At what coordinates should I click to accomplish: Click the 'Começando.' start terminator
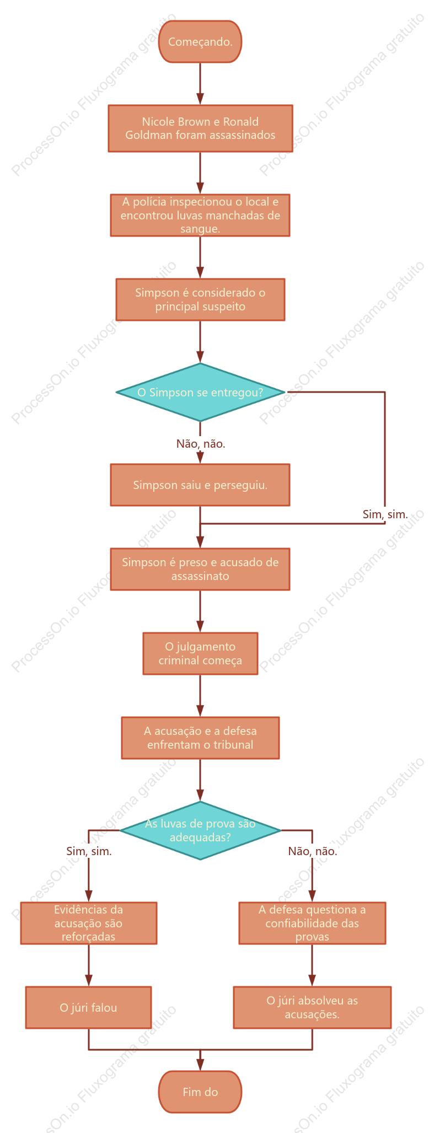pyautogui.click(x=200, y=42)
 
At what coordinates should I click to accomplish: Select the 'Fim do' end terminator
pyautogui.click(x=200, y=1092)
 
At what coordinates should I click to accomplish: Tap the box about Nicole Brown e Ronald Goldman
pyautogui.click(x=200, y=128)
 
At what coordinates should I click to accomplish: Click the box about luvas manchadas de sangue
pyautogui.click(x=200, y=215)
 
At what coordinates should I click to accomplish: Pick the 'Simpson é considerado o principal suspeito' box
pyautogui.click(x=200, y=299)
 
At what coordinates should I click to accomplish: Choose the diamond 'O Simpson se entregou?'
pyautogui.click(x=200, y=392)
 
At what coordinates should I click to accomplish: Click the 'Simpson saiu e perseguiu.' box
pyautogui.click(x=200, y=485)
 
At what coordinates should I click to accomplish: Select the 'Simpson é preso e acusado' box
pyautogui.click(x=200, y=569)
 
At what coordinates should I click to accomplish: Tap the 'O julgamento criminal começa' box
pyautogui.click(x=200, y=653)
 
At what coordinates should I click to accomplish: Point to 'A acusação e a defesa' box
pyautogui.click(x=200, y=738)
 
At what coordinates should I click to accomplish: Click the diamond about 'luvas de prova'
pyautogui.click(x=200, y=830)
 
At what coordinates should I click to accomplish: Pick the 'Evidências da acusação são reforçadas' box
pyautogui.click(x=89, y=923)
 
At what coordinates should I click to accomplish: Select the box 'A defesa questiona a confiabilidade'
pyautogui.click(x=312, y=923)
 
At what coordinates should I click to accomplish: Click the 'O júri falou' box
pyautogui.click(x=89, y=1007)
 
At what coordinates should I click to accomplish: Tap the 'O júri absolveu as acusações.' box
pyautogui.click(x=312, y=1007)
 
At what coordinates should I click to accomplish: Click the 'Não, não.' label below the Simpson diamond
pyautogui.click(x=201, y=444)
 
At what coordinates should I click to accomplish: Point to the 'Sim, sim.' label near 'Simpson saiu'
pyautogui.click(x=385, y=514)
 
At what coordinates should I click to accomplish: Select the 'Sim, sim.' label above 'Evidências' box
pyautogui.click(x=89, y=851)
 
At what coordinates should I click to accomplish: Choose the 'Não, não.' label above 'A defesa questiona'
pyautogui.click(x=313, y=851)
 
